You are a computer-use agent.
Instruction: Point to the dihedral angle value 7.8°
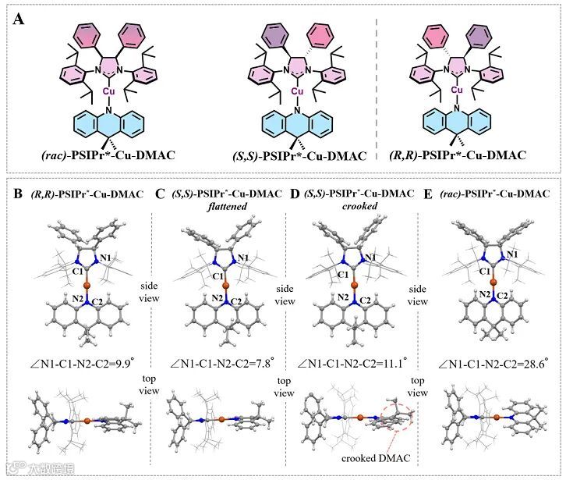coord(255,362)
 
